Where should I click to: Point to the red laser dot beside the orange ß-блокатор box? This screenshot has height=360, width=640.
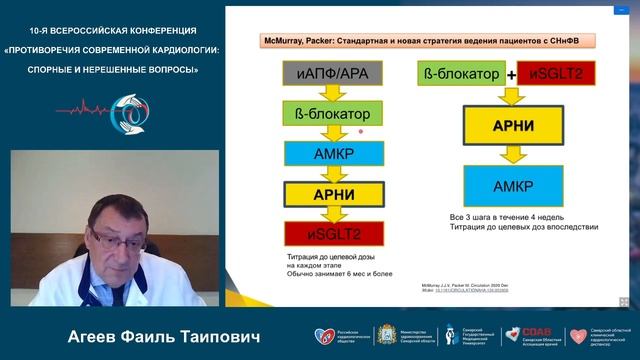[x=360, y=130]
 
